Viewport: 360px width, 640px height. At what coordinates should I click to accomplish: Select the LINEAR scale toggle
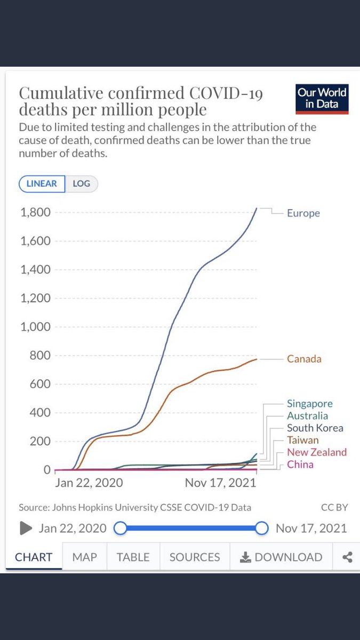pos(42,183)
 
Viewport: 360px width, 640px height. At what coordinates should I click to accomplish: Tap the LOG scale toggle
pos(82,183)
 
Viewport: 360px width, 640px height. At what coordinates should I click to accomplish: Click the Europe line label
pos(303,213)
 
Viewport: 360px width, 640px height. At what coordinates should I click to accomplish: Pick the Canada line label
pos(304,359)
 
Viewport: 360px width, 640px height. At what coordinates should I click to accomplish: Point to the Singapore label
pos(309,404)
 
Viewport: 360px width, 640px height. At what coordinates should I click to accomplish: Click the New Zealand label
pos(316,452)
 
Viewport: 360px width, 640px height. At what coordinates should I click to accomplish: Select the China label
pos(300,465)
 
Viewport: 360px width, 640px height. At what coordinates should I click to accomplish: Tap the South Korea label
pos(315,428)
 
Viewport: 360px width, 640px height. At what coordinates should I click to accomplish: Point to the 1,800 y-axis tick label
pos(35,212)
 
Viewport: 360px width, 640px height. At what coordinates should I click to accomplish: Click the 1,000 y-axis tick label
pos(35,327)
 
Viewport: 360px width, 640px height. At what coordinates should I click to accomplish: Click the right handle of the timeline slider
pos(261,528)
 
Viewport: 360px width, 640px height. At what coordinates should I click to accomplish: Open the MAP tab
pos(84,557)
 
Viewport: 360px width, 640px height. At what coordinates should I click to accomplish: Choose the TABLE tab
pos(133,557)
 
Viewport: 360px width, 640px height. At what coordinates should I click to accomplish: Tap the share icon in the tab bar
pos(347,557)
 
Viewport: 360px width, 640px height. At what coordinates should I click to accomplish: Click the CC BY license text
pos(334,508)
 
